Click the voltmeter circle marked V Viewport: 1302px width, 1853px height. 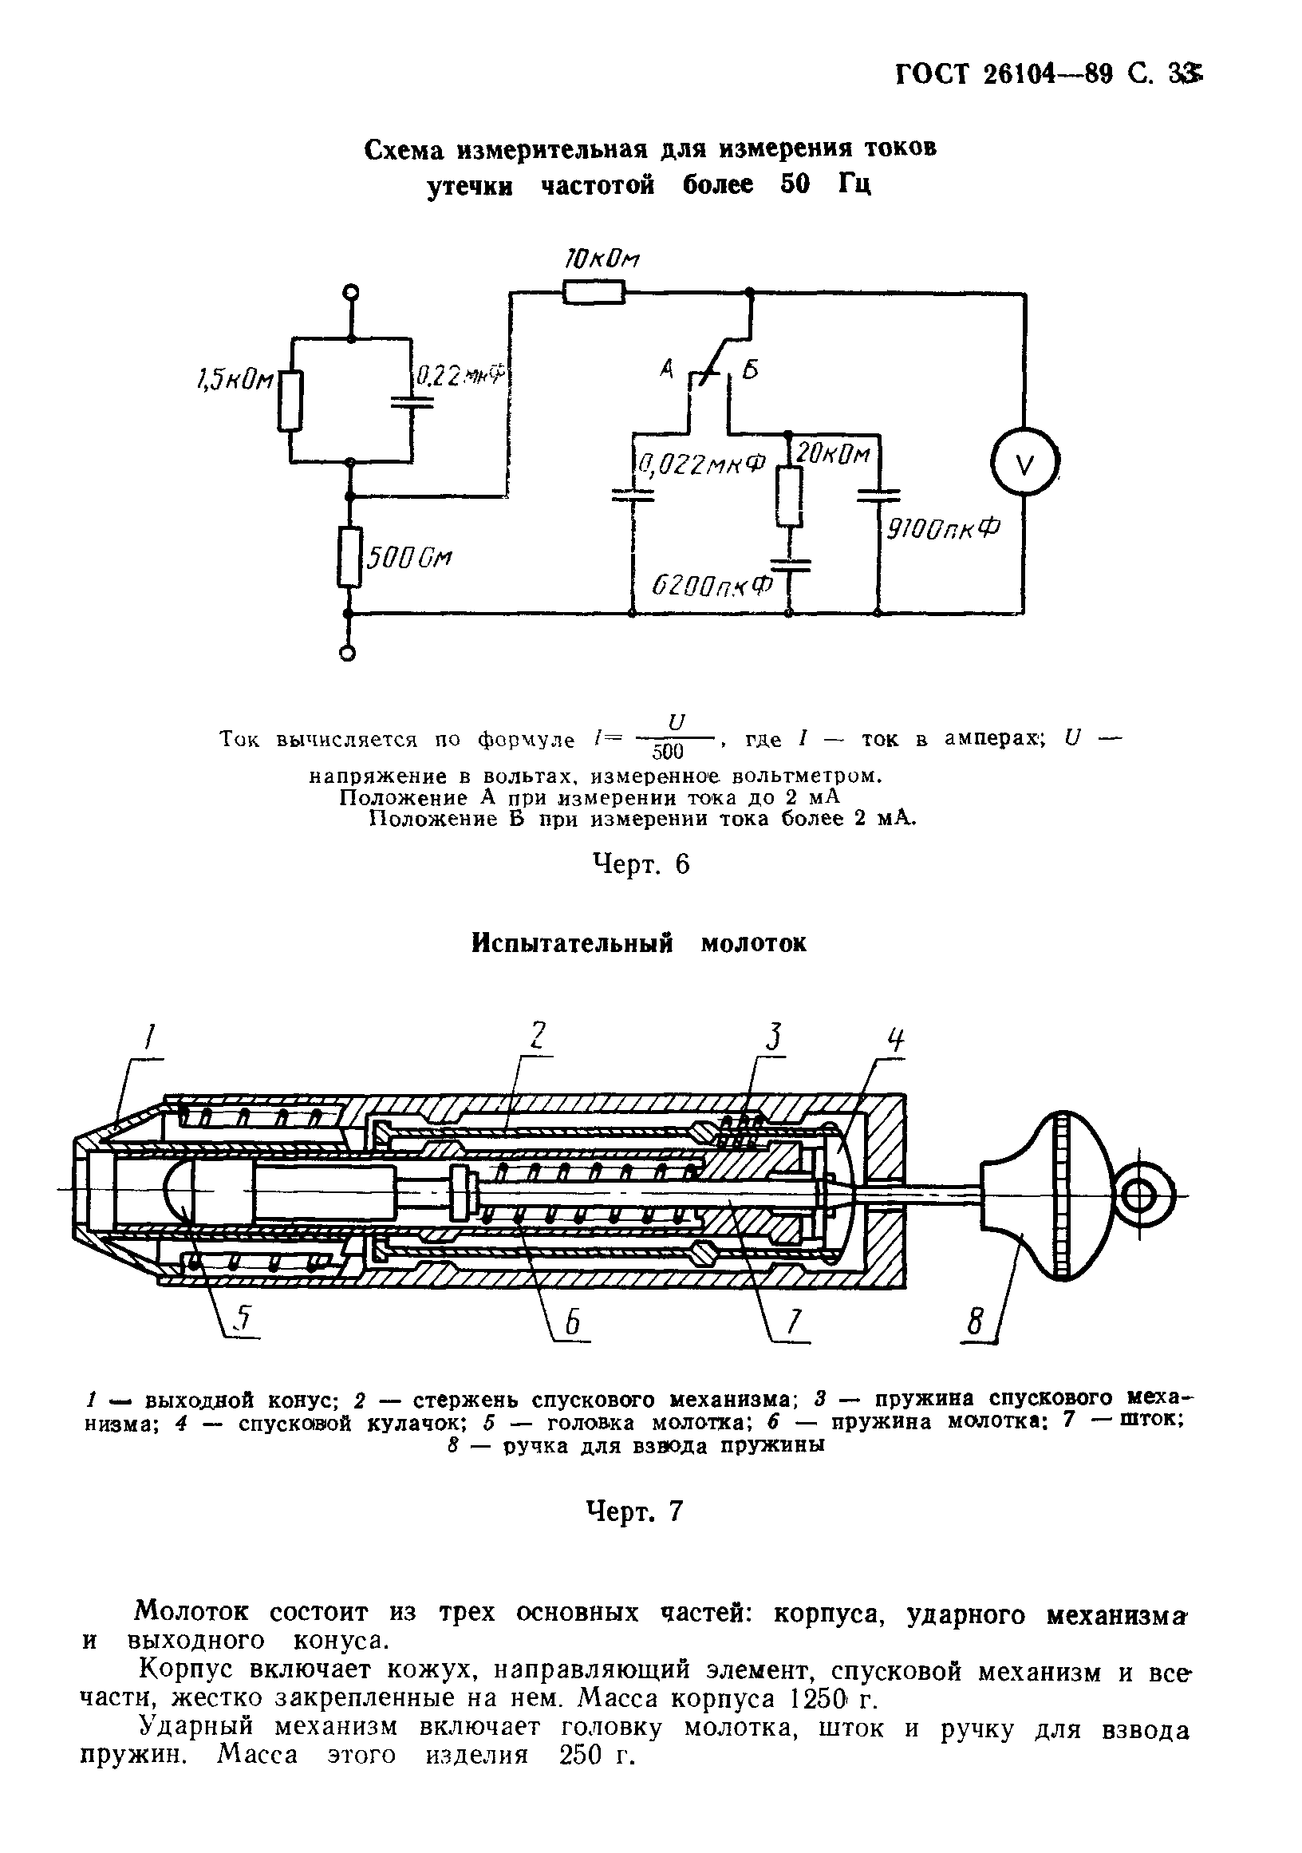click(1024, 465)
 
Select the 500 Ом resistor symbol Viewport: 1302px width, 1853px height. click(350, 557)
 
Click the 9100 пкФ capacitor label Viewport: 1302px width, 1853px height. click(942, 530)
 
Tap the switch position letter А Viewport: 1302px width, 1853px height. click(666, 370)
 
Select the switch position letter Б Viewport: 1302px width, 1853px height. click(750, 371)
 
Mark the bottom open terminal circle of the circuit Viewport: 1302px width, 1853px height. click(348, 654)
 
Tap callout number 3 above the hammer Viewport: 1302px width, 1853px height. click(775, 1036)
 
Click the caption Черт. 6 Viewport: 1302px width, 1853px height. click(641, 864)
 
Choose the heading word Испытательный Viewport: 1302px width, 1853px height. click(572, 943)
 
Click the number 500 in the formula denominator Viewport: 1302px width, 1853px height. click(667, 753)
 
